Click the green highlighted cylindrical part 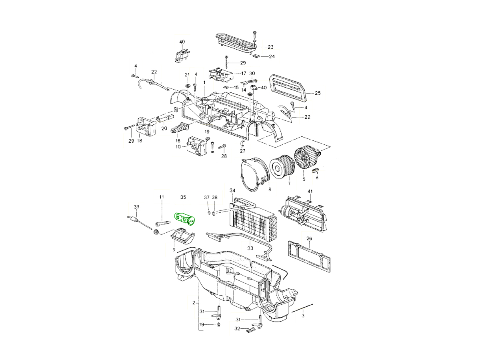pos(184,219)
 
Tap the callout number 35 pos(183,197)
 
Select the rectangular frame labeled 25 pos(289,88)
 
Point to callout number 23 pos(270,47)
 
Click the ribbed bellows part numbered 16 pos(180,130)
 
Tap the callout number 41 pos(309,192)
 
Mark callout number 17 pos(243,74)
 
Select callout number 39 pos(136,206)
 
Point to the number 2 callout pos(194,302)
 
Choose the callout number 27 pos(242,151)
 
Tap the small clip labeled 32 pos(251,330)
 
